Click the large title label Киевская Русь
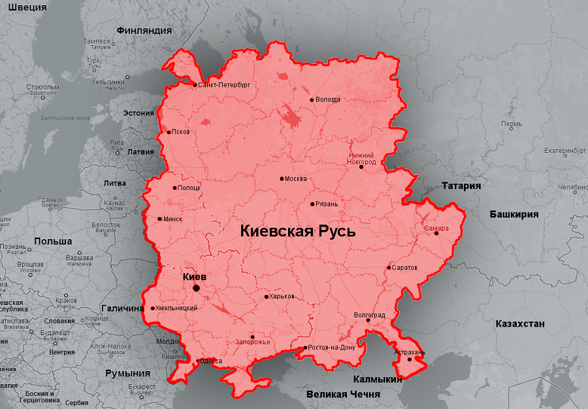[297, 231]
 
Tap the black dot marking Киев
[196, 288]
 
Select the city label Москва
[296, 178]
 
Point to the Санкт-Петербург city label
[223, 85]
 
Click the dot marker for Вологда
[312, 100]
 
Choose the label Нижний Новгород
[361, 157]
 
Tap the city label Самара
[436, 229]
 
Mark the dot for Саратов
[389, 267]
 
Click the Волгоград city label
[369, 315]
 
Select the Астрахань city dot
[410, 359]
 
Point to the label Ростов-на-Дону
[331, 348]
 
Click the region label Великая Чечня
[343, 395]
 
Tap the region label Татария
[461, 186]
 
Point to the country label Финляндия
[144, 30]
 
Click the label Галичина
[122, 308]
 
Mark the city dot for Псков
[169, 132]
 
